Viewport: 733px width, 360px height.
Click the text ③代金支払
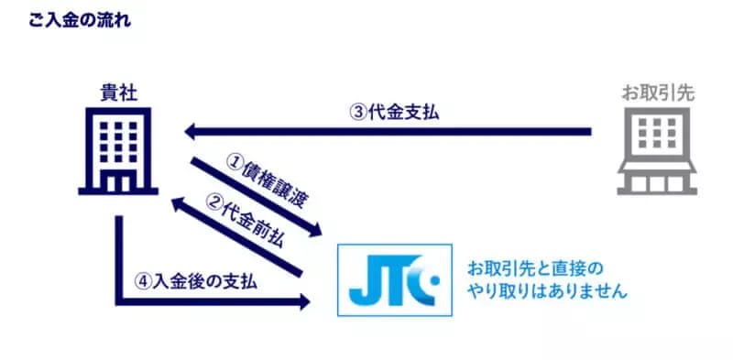pyautogui.click(x=396, y=113)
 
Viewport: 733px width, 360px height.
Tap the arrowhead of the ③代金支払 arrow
pyautogui.click(x=191, y=132)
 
